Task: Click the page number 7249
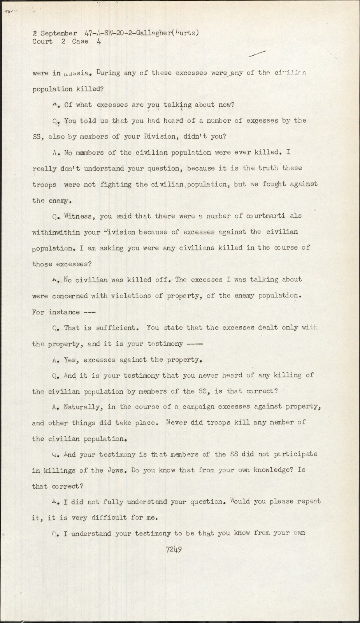[x=174, y=549]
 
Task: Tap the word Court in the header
[x=42, y=42]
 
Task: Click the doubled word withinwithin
[x=56, y=232]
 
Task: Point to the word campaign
[x=191, y=407]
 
